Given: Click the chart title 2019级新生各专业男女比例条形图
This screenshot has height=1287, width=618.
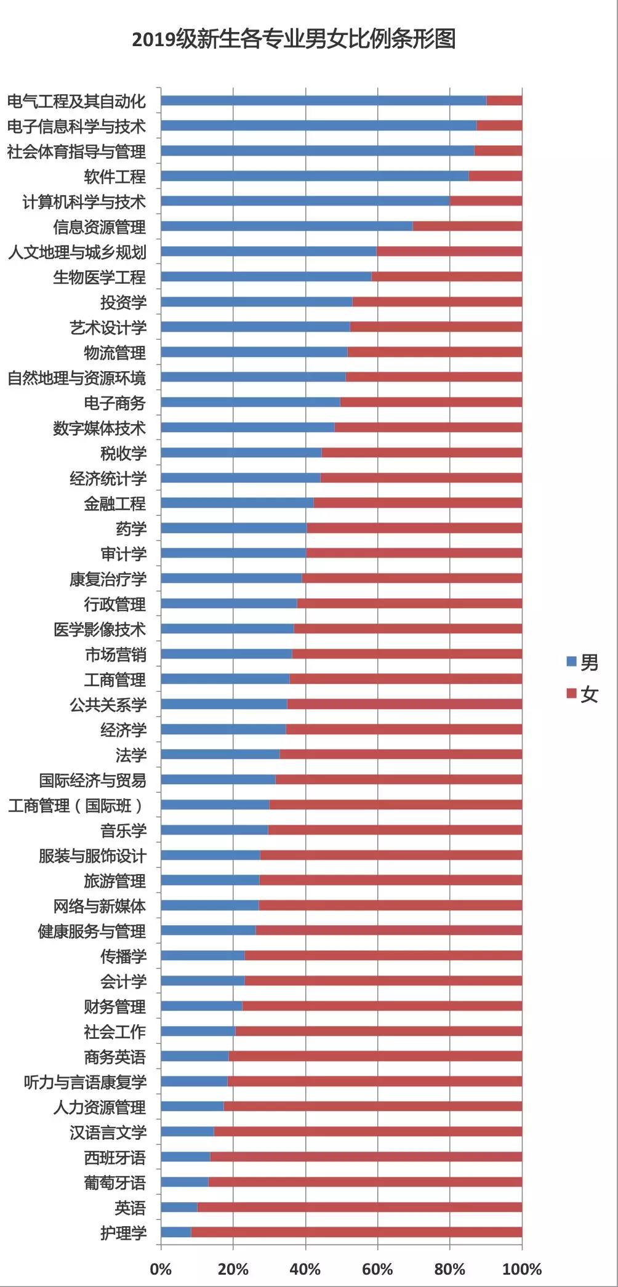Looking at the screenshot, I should [x=294, y=40].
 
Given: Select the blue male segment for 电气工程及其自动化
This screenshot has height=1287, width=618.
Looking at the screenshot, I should [x=323, y=101].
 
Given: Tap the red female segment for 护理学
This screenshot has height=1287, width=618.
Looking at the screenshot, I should [x=356, y=1232].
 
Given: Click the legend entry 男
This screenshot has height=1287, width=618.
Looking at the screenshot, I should [x=582, y=662].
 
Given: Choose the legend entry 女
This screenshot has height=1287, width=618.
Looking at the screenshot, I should [x=582, y=694].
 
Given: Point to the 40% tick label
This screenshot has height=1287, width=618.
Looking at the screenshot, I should [x=305, y=1269].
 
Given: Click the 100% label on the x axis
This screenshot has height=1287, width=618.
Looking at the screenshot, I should [x=522, y=1269].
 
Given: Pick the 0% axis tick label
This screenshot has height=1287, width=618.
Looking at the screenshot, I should [x=161, y=1269].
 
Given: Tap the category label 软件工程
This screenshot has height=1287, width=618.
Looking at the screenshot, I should [x=115, y=177].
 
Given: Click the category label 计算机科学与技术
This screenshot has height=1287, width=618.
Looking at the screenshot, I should [x=84, y=202].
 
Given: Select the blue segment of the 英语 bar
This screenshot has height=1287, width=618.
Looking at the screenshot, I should [x=179, y=1207].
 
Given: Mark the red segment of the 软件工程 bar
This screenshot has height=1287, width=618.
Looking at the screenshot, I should [x=496, y=176].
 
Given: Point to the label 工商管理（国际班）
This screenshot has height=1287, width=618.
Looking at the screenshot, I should [x=76, y=806].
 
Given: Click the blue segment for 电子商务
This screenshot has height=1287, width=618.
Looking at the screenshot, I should [x=250, y=403].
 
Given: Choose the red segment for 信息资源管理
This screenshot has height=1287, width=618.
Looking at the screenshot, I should [x=467, y=227].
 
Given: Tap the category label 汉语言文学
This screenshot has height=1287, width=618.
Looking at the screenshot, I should [x=108, y=1133].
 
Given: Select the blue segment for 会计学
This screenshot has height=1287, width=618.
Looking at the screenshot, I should [x=203, y=980].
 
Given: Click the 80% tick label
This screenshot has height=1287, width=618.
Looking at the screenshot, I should [x=450, y=1269].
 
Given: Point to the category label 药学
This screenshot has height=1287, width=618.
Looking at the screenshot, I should [x=131, y=529].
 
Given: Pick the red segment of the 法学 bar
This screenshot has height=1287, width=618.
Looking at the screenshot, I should [x=401, y=755].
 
